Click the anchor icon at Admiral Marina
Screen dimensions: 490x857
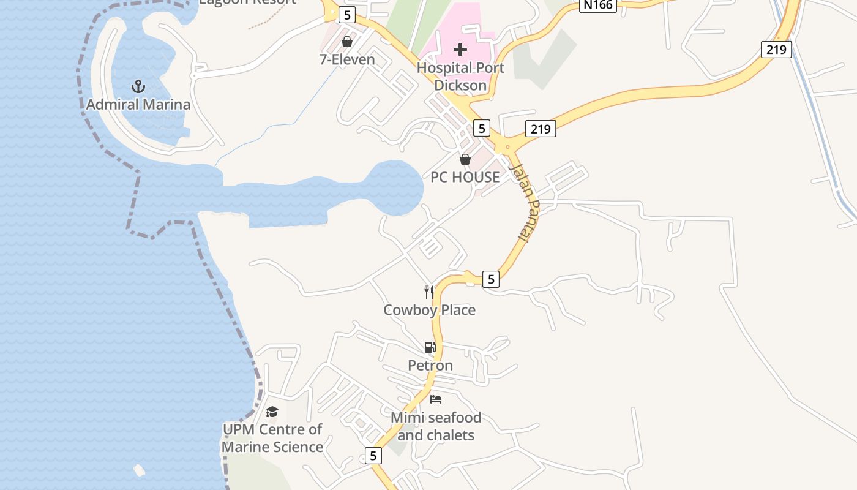click(x=138, y=86)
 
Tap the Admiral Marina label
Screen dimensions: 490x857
click(x=138, y=104)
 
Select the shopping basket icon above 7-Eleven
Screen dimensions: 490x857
click(x=347, y=42)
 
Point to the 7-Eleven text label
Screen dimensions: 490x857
click(x=347, y=59)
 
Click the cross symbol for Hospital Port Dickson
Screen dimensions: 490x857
click(x=460, y=50)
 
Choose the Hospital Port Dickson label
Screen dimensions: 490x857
click(x=460, y=77)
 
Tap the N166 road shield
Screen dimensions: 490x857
click(x=597, y=6)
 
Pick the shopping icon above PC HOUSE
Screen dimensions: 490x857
click(x=465, y=159)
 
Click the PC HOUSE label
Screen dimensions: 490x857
click(x=465, y=177)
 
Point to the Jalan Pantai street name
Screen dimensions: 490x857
click(x=524, y=201)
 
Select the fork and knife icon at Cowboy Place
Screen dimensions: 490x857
click(x=429, y=292)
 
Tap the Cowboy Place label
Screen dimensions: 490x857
click(x=429, y=310)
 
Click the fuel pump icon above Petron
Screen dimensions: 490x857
click(x=430, y=347)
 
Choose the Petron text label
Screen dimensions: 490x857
click(x=430, y=366)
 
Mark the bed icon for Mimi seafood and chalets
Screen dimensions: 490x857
click(x=436, y=399)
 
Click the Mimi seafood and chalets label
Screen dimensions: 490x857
click(x=436, y=426)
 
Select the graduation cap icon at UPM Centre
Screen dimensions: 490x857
click(x=272, y=412)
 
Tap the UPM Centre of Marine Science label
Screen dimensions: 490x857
click(x=272, y=438)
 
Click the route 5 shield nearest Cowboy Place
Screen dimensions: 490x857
click(x=490, y=279)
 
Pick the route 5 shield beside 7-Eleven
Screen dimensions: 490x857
click(x=347, y=15)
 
